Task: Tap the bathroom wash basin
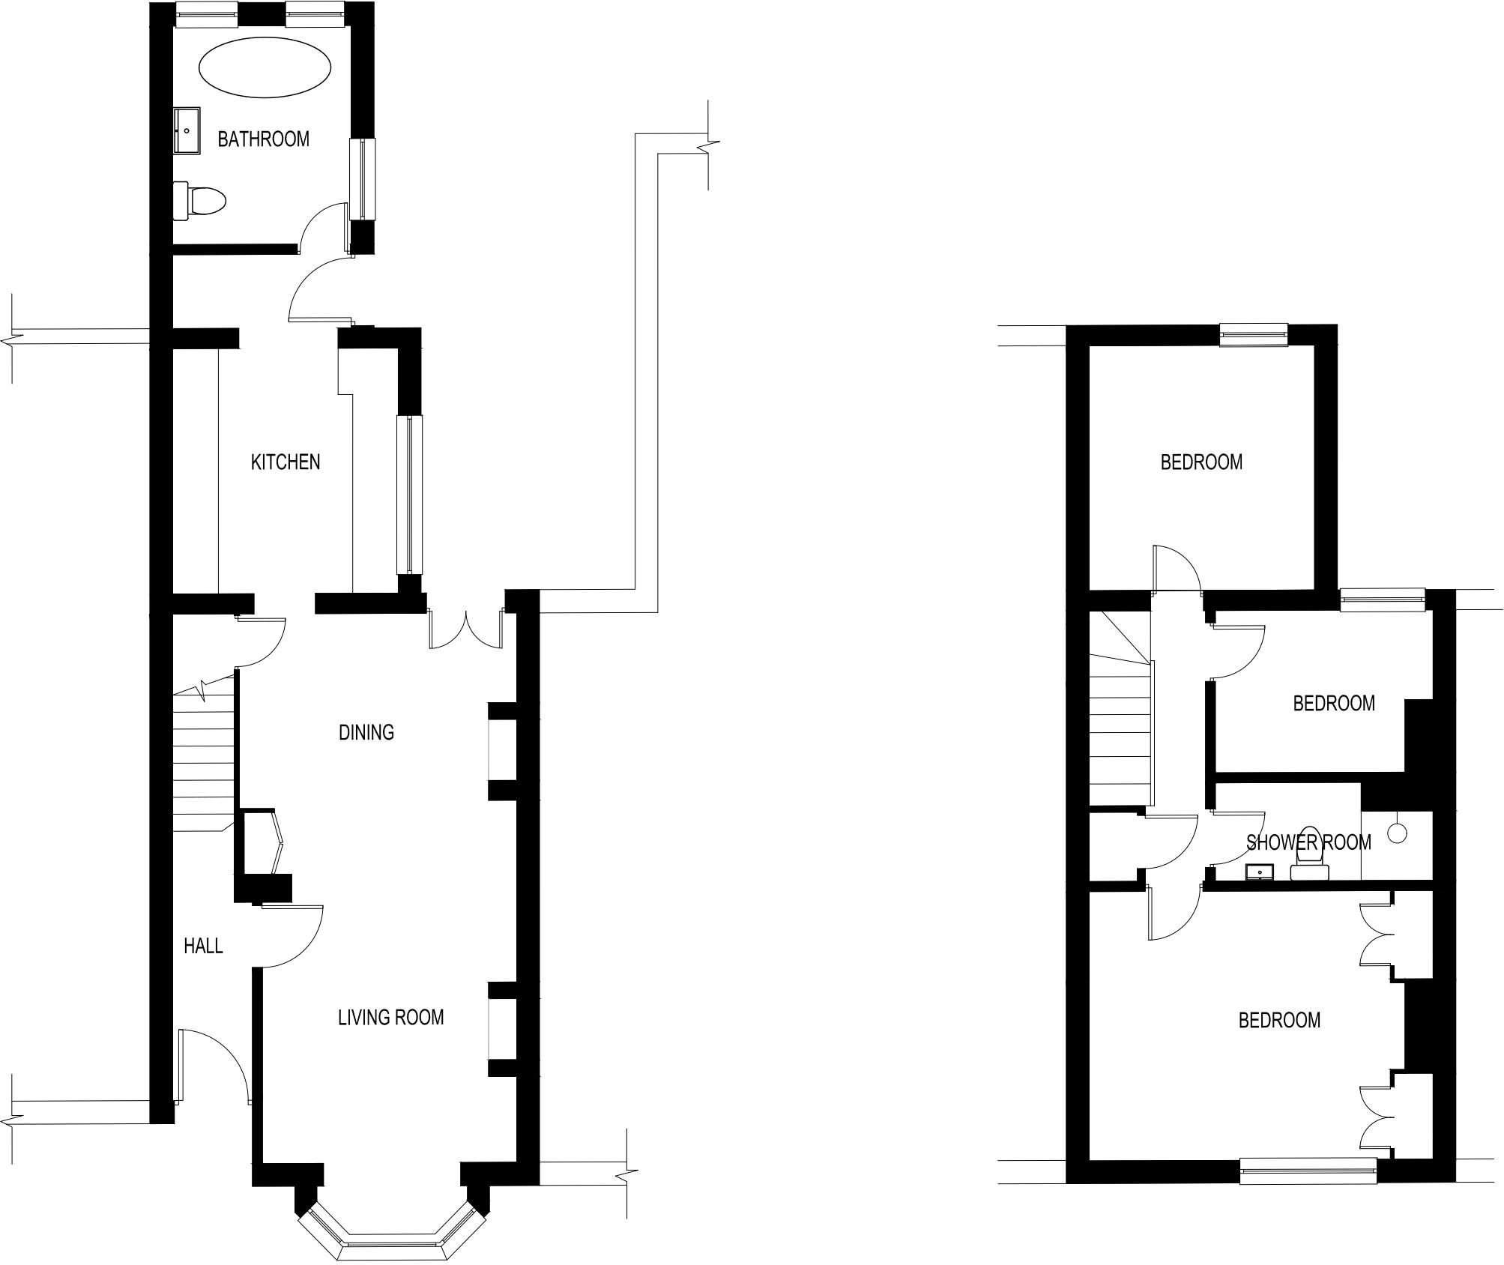pyautogui.click(x=187, y=131)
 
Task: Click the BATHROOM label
pyautogui.click(x=263, y=139)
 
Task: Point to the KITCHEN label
pyautogui.click(x=285, y=462)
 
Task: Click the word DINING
pyautogui.click(x=366, y=733)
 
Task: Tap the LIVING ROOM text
pyautogui.click(x=390, y=1018)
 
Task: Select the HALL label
pyautogui.click(x=203, y=947)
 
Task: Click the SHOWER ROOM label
pyautogui.click(x=1308, y=843)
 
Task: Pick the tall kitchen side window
pyautogui.click(x=409, y=495)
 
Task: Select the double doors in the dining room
pyautogui.click(x=466, y=630)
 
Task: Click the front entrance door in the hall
pyautogui.click(x=214, y=1064)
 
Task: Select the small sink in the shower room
pyautogui.click(x=1260, y=872)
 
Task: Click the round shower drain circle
pyautogui.click(x=1397, y=833)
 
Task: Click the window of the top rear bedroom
pyautogui.click(x=1253, y=334)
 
